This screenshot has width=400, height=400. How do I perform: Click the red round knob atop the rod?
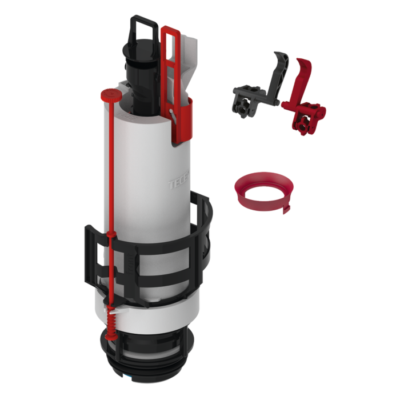(108, 93)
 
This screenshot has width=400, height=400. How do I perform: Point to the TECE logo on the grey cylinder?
(177, 184)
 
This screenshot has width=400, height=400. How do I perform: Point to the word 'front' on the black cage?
(133, 263)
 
